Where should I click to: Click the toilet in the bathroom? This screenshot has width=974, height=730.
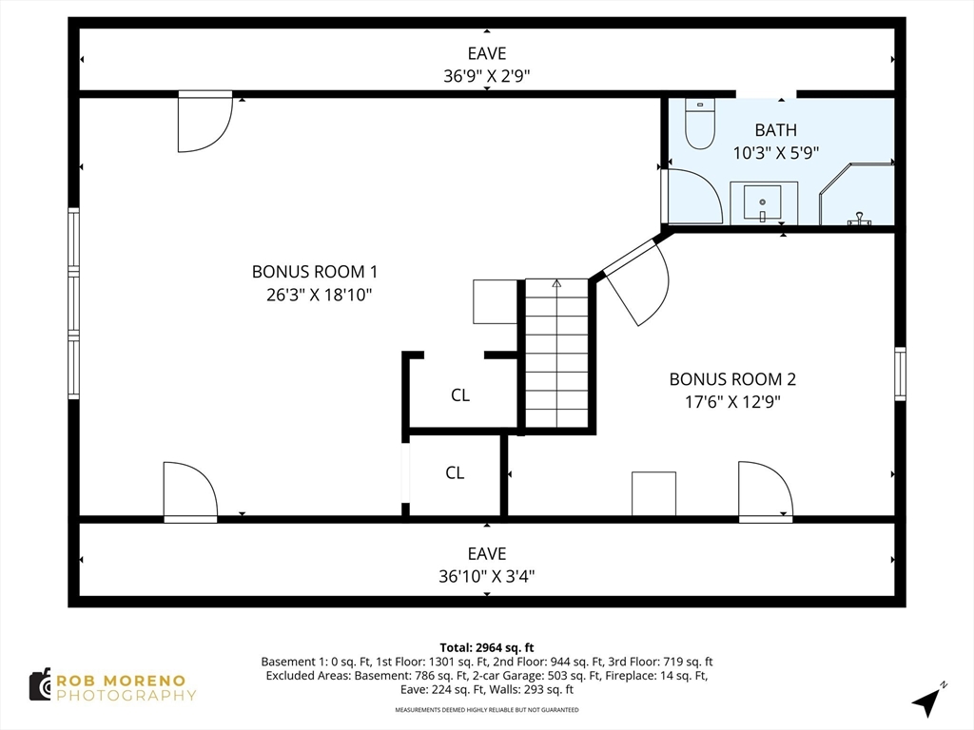[x=699, y=124]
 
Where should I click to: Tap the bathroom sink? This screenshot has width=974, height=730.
[x=763, y=202]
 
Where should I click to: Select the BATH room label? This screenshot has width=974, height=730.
[x=776, y=129]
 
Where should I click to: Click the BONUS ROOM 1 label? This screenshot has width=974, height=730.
[x=314, y=271]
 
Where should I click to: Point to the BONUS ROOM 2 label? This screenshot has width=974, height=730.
[x=732, y=378]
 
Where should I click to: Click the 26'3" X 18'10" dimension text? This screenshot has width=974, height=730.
[x=320, y=295]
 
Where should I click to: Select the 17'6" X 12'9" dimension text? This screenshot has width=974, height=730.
[x=732, y=402]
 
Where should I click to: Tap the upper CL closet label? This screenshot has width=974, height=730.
[x=460, y=394]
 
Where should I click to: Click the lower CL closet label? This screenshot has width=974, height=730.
[x=455, y=472]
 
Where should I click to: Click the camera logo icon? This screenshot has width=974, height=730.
[x=41, y=685]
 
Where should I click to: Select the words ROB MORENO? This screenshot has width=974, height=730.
[x=121, y=681]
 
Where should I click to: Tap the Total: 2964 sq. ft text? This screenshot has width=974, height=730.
[x=487, y=648]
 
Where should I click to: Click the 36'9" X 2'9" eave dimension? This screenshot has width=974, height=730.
[x=486, y=76]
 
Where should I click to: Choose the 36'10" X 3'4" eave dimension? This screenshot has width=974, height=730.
[x=486, y=576]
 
